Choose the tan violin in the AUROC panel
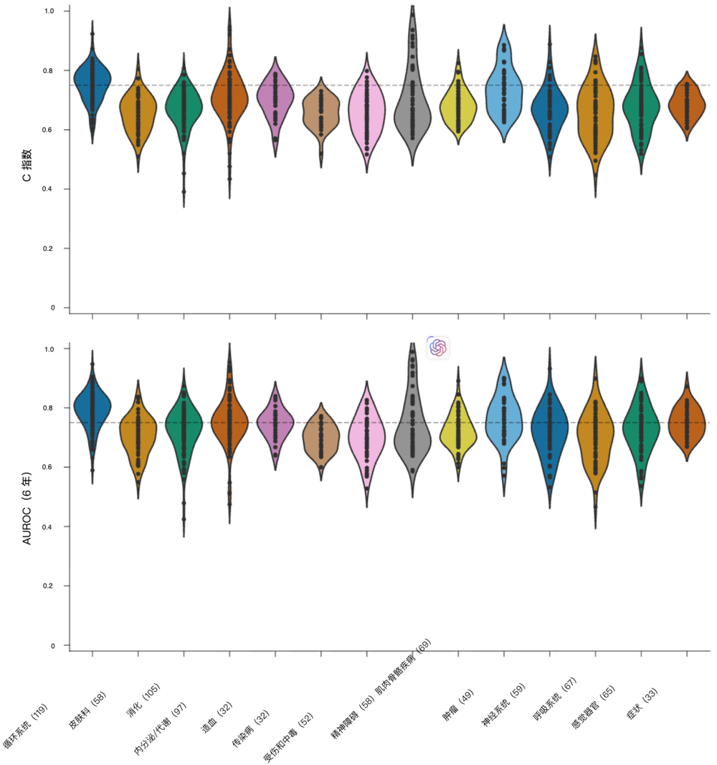(320, 441)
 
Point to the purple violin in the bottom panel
(275, 423)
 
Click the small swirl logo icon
(437, 348)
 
